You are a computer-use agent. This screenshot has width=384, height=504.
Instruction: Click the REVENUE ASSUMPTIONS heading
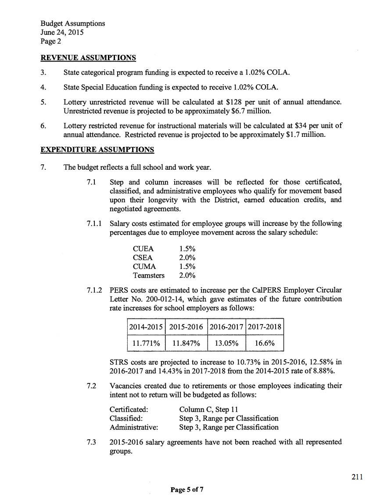(88, 58)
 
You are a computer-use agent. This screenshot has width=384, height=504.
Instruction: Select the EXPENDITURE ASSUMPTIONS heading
(97, 150)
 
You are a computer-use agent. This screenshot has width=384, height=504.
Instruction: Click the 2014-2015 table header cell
(146, 327)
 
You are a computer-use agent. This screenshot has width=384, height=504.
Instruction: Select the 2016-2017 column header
(225, 327)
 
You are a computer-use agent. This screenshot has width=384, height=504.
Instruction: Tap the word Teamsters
(149, 275)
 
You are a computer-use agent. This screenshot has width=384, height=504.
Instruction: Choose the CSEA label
(143, 258)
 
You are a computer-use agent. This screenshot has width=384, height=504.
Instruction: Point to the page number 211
(357, 478)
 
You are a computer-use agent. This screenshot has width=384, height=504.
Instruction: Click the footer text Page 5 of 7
(187, 490)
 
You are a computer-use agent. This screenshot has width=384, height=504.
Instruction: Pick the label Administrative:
(134, 427)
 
